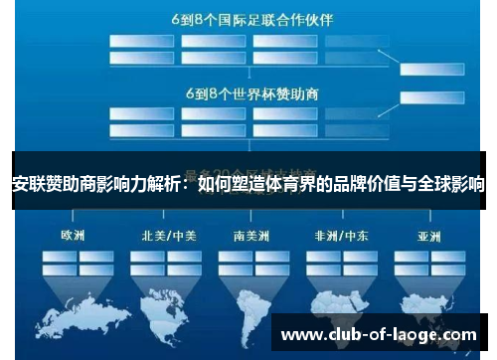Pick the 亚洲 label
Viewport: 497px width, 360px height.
[429, 237]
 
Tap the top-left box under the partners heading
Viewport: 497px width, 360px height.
[140, 41]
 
